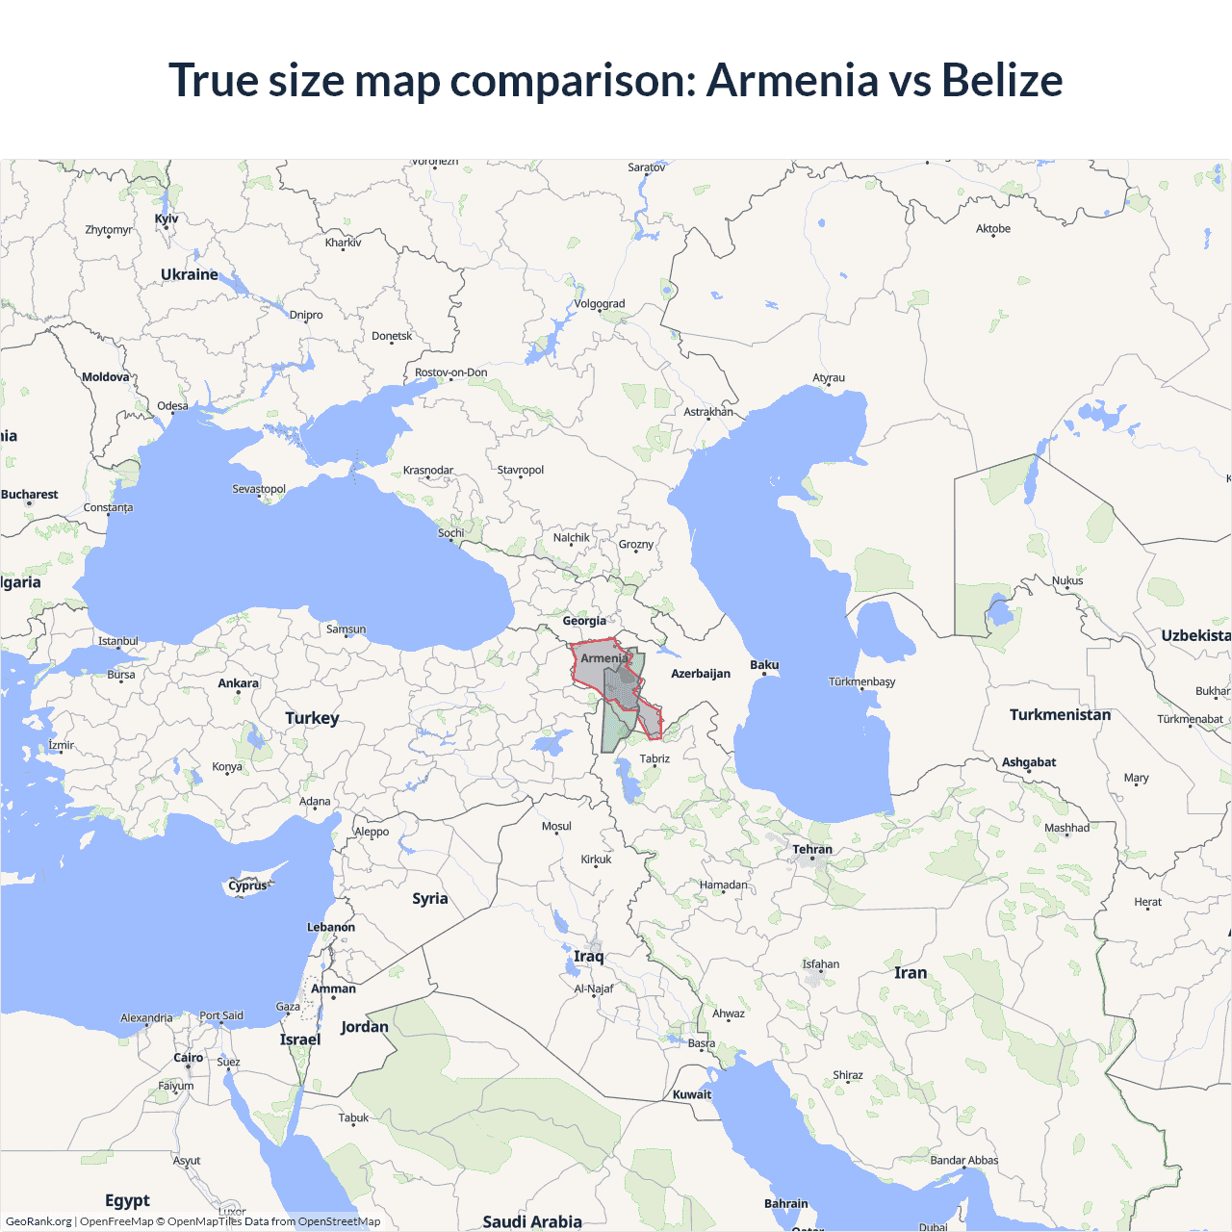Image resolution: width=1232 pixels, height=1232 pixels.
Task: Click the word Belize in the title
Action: point(1001,80)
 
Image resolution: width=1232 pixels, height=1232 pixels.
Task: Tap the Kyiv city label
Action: point(167,218)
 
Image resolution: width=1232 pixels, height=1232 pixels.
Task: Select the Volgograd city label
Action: point(599,304)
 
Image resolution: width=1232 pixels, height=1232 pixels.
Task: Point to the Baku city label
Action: point(764,665)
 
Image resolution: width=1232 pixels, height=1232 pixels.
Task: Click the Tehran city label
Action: point(812,850)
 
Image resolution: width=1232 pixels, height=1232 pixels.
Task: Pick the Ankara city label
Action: point(238,683)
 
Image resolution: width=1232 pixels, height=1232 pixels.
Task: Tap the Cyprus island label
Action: point(247,885)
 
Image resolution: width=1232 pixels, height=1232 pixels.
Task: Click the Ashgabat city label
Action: point(1029,762)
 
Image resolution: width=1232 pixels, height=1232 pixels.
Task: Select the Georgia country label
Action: point(584,621)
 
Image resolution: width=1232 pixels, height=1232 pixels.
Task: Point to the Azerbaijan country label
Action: point(700,674)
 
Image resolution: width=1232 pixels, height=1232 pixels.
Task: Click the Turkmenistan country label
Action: point(1060,715)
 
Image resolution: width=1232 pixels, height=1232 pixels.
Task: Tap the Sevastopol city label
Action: point(259,489)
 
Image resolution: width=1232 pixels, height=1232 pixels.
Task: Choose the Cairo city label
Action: point(189,1058)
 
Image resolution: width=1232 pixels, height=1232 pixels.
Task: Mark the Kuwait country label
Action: point(692,1094)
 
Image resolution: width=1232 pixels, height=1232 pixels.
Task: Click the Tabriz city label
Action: point(654,758)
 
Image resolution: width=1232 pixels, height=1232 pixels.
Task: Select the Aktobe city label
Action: point(993,229)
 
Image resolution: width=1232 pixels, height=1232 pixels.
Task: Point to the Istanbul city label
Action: point(118,641)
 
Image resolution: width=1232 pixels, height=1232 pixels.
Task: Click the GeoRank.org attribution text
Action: point(38,1221)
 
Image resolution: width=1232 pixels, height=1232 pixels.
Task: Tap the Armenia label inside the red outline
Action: point(603,658)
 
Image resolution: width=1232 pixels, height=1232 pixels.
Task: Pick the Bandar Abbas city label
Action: point(964,1161)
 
